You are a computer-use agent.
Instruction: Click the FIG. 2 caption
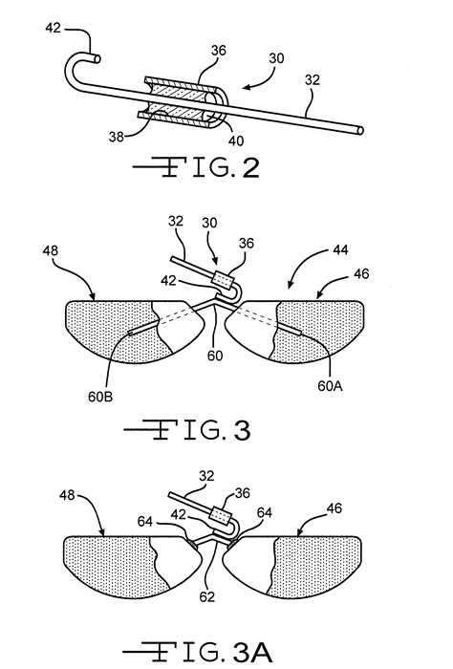(197, 169)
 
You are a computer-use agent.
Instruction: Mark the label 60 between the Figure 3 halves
(217, 356)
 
